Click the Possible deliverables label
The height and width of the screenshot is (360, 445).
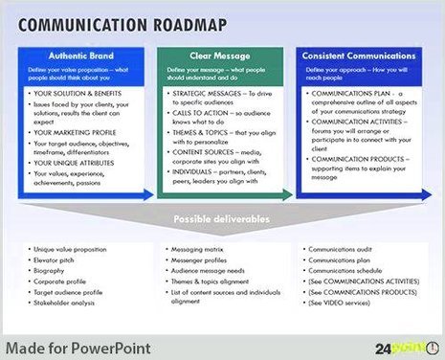221,220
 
